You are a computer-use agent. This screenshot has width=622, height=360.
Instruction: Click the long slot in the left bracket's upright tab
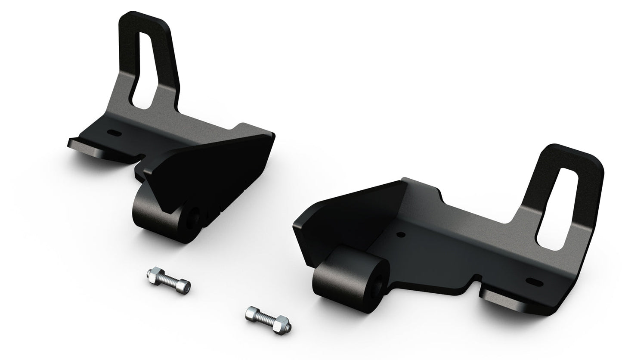143,69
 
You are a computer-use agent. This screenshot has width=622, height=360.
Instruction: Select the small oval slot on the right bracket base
533,282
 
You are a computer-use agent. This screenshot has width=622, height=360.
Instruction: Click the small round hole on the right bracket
401,235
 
